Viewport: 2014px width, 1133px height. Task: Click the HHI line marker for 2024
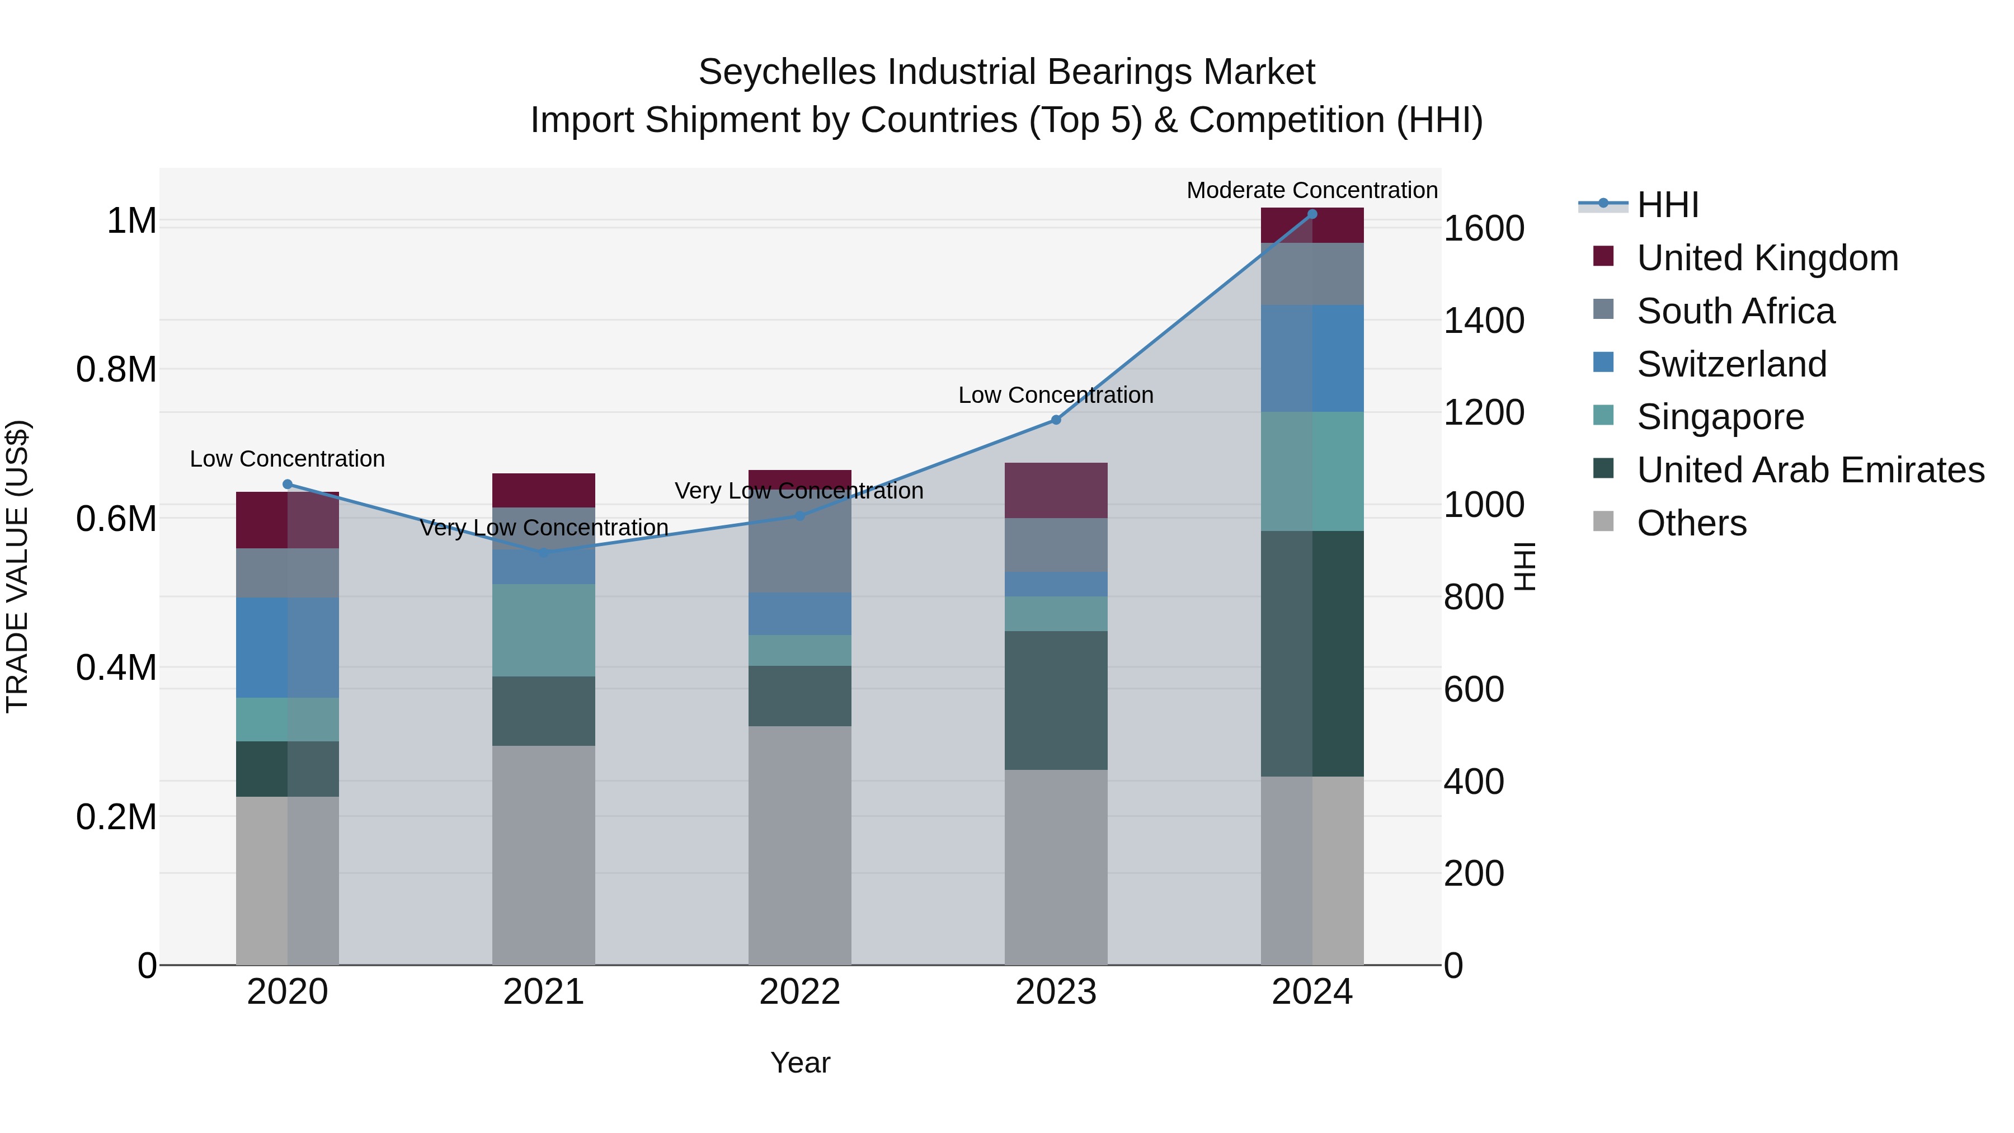coord(1312,214)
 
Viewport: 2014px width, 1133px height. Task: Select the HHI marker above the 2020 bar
coord(287,484)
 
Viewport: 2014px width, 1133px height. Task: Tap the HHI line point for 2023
coord(1056,420)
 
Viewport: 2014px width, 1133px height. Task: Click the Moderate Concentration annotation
coord(1312,190)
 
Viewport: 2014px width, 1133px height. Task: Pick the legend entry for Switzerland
coord(1731,364)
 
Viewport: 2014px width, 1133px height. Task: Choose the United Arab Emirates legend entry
coord(1810,471)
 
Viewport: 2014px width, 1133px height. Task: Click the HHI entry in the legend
coord(1667,205)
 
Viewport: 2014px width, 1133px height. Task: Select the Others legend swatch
coord(1603,521)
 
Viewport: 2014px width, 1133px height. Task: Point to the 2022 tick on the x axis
coord(799,992)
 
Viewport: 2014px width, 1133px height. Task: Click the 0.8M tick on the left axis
coord(116,370)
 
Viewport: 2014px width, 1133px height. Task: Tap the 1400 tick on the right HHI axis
coord(1483,321)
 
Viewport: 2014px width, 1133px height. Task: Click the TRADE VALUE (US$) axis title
coord(17,566)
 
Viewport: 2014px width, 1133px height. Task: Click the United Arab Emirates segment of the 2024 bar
coord(1312,653)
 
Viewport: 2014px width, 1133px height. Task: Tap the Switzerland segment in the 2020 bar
coord(287,647)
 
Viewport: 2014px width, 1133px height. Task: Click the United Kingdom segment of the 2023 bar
coord(1056,490)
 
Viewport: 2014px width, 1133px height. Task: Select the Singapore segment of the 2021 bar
coord(543,630)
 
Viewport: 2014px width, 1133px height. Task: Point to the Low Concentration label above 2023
coord(1056,395)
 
